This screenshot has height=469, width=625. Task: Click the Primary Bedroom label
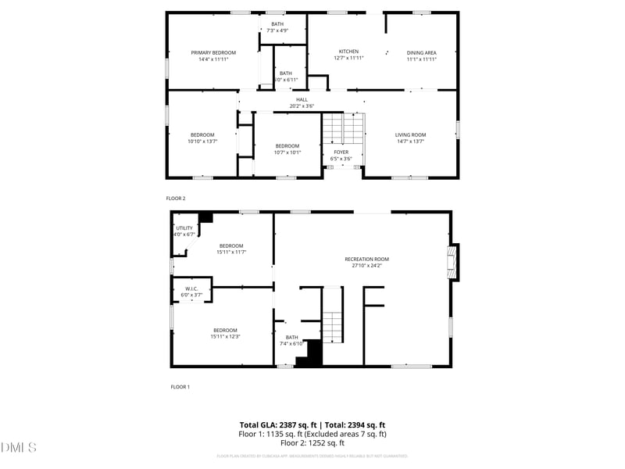[x=213, y=52]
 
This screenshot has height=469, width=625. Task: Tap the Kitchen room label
[x=348, y=51]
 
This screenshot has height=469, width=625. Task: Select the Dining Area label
[x=421, y=52]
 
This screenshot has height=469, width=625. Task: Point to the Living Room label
[x=410, y=134]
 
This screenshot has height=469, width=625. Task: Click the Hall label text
[x=302, y=99]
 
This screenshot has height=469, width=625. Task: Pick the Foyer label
[x=341, y=152]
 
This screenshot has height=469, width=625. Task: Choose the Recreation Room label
[x=366, y=259]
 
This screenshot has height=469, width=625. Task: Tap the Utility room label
[x=184, y=227]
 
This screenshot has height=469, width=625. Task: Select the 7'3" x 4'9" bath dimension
[x=277, y=30]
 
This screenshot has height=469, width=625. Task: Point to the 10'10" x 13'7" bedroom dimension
[x=202, y=141]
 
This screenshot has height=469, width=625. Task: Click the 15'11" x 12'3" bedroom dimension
[x=225, y=337]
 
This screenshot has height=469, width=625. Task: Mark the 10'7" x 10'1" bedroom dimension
[x=287, y=152]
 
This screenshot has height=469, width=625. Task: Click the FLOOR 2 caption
[x=176, y=199]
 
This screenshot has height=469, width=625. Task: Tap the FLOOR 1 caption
[x=180, y=387]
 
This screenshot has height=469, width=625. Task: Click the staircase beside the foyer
[x=344, y=128]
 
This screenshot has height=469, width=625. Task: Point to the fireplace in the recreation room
[x=452, y=263]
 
